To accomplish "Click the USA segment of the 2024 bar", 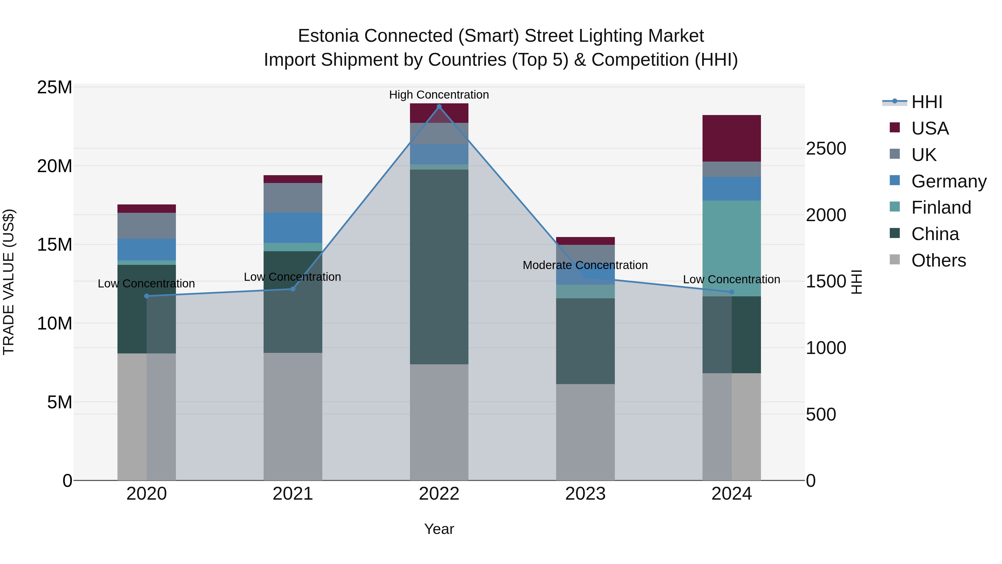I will [x=731, y=138].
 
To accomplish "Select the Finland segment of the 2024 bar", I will [x=731, y=248].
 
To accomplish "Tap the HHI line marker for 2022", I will [x=439, y=107].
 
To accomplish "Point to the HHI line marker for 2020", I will [x=147, y=296].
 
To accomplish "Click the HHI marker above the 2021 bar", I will [x=293, y=289].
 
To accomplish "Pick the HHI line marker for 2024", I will [x=731, y=292].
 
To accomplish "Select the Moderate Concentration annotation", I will [x=585, y=265].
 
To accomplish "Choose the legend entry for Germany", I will [x=948, y=181].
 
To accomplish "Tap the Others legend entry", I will [x=938, y=260].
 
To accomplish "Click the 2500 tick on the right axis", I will [x=826, y=149].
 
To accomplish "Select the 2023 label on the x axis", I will [x=585, y=494].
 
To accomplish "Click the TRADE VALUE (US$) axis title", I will [x=9, y=282].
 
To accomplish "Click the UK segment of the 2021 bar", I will [x=293, y=198].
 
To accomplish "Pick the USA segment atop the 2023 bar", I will [x=585, y=241].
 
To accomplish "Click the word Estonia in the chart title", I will [x=328, y=36].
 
